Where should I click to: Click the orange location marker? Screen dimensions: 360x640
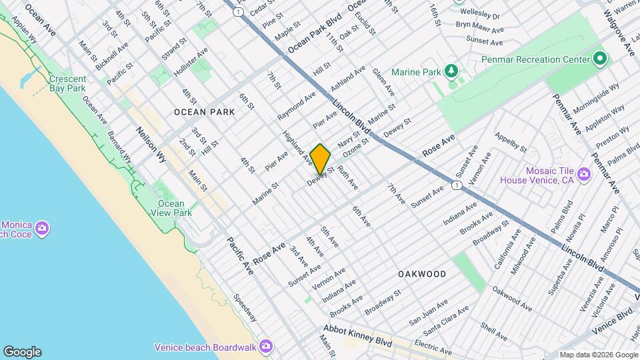click(320, 159)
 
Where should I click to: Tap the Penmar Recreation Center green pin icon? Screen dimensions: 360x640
click(599, 59)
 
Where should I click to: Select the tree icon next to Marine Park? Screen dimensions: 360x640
click(452, 71)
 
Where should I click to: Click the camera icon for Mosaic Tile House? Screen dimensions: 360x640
click(584, 175)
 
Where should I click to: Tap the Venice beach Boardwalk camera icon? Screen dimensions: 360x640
click(266, 346)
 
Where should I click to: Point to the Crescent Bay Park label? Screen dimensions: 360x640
click(67, 83)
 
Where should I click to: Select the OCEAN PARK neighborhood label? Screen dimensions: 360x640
click(204, 112)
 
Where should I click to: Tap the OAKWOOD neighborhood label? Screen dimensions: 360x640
click(421, 274)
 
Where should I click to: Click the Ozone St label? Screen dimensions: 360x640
click(356, 147)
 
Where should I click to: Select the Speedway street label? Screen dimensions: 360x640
click(245, 307)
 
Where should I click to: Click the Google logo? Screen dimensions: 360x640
click(22, 352)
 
